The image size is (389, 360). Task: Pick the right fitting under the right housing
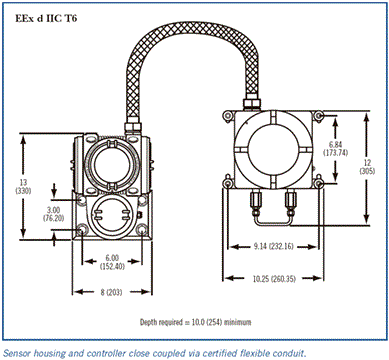pyautogui.click(x=290, y=203)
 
